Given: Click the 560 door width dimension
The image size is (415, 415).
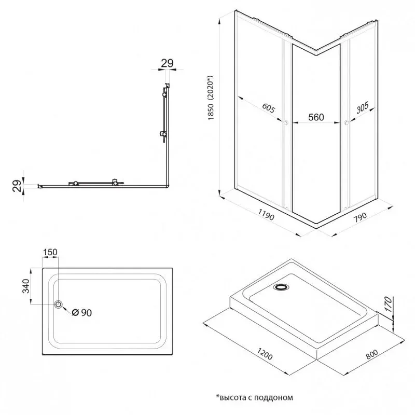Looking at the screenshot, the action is tap(316, 117).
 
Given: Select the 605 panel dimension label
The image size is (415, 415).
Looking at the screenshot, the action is tap(269, 108).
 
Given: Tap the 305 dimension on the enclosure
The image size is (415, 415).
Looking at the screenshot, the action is tap(362, 108).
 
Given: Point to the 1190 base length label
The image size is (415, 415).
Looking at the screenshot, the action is tap(266, 215).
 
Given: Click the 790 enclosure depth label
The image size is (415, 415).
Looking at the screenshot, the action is tap(360, 216).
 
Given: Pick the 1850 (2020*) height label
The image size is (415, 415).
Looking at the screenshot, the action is tap(211, 98).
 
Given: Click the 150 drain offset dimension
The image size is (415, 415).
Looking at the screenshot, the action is tap(50, 252).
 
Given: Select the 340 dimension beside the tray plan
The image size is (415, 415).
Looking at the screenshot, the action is tap(26, 286).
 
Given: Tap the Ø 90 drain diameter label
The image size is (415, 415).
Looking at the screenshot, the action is tap(82, 313).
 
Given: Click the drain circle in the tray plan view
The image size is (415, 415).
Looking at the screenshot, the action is tap(58, 305).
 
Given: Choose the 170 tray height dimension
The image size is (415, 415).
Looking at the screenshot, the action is tap(388, 304).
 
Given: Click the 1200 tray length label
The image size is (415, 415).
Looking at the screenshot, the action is tap(265, 354).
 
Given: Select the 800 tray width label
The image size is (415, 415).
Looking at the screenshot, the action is tap(372, 354).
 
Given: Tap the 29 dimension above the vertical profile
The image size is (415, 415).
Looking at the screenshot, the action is tap(167, 63).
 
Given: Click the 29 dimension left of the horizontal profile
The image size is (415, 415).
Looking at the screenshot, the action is tap(17, 186).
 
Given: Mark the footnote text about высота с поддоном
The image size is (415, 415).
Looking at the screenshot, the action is tap(254, 397).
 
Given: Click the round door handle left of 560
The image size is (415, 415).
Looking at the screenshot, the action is tap(285, 123).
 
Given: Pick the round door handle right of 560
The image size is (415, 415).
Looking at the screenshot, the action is tap(346, 123).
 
